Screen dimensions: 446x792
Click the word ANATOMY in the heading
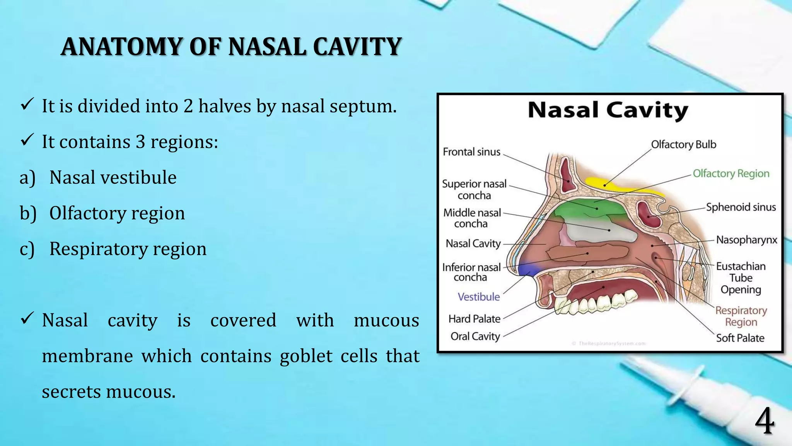[x=121, y=47]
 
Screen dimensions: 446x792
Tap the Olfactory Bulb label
[x=683, y=144]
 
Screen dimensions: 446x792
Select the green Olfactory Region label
[x=731, y=173]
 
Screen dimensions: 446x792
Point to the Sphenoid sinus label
[x=741, y=207]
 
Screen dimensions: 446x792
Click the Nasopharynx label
[x=746, y=240]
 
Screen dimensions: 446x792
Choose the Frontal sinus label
[x=471, y=152]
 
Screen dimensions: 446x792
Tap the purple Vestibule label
[x=478, y=297]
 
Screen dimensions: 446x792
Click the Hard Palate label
[x=474, y=319]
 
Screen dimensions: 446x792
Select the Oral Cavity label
[x=475, y=336]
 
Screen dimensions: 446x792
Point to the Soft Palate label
[x=740, y=338]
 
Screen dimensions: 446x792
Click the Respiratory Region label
[x=741, y=316]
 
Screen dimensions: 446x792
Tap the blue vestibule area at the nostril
[x=528, y=269]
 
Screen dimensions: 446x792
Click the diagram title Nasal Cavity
[x=608, y=110]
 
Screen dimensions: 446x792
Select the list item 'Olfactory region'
[x=117, y=213]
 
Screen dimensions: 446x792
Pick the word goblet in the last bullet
[x=306, y=356]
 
